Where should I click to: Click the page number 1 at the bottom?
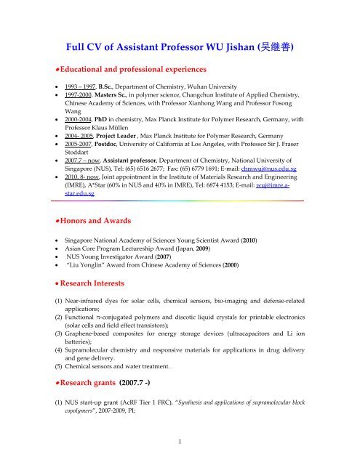(180, 458)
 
